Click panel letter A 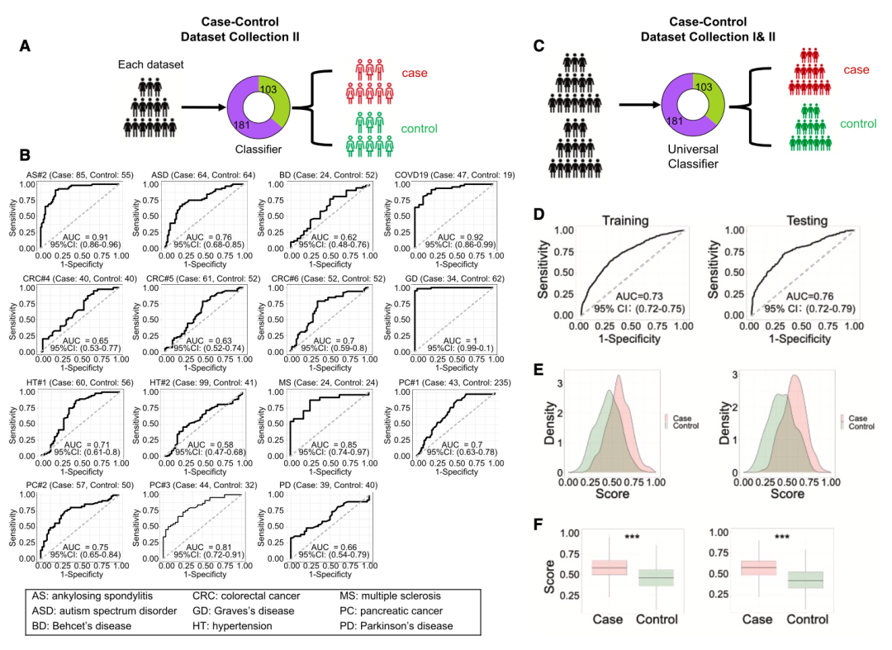point(26,47)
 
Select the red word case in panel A point(414,74)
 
